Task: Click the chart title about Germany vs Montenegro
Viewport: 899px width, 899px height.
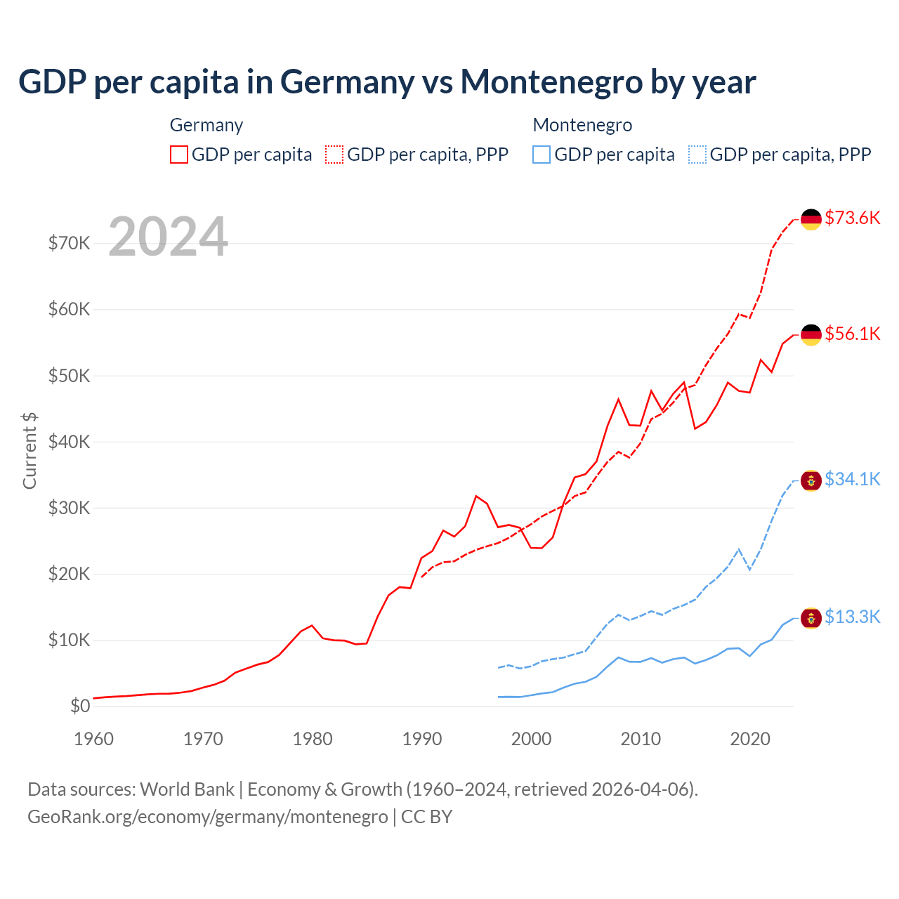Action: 387,81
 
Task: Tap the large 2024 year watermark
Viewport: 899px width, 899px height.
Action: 168,237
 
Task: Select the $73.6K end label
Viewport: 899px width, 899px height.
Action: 852,218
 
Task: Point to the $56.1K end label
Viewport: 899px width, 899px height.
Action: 852,334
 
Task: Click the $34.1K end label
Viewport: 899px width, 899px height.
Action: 852,479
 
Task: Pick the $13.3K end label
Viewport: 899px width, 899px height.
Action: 852,617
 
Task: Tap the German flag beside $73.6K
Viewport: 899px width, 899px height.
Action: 811,219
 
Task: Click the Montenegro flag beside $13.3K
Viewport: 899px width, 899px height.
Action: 811,618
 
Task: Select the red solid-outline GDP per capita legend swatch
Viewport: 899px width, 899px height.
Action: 179,155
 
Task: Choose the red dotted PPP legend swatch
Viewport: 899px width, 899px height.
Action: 334,155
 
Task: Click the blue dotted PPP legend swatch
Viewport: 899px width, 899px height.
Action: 697,155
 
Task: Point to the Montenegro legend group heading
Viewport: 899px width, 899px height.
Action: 582,125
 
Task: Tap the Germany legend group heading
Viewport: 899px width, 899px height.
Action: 206,125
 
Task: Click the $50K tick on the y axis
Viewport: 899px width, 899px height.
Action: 69,376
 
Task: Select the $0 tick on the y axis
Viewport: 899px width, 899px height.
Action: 80,706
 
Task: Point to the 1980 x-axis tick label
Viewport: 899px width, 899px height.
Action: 313,739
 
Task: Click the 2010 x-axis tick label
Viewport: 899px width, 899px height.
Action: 641,739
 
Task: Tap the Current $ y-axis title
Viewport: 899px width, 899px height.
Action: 29,450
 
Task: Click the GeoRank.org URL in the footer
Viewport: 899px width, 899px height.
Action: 207,817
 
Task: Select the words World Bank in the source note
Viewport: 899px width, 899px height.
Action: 187,789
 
